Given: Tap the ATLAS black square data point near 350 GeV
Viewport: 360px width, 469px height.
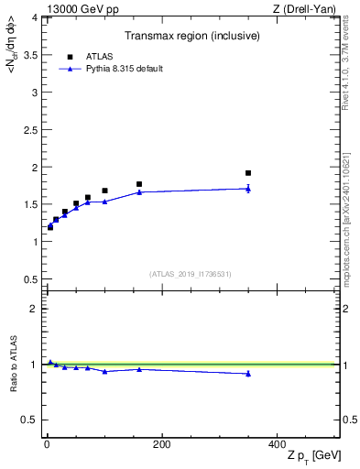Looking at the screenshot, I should click(x=248, y=172).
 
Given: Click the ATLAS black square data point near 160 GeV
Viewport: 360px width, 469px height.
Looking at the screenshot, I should click(x=139, y=184).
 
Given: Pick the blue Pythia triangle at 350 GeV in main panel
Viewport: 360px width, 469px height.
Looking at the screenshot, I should click(x=248, y=189).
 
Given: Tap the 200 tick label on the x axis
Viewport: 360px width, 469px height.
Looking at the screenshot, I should click(x=161, y=444).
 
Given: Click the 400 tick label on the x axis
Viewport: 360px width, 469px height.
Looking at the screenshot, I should click(x=277, y=444).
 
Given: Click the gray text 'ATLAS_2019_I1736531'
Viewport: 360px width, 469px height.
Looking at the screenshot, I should click(x=190, y=274).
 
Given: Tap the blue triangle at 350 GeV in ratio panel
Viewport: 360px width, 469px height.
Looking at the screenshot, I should click(x=248, y=373).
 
